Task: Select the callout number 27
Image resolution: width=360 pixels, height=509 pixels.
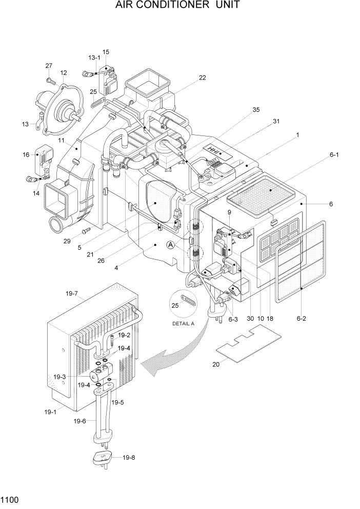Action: pyautogui.click(x=49, y=66)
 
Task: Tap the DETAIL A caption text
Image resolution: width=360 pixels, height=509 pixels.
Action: pyautogui.click(x=184, y=324)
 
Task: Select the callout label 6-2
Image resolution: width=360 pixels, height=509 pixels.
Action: pyautogui.click(x=301, y=319)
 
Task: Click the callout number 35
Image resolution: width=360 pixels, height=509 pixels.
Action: pyautogui.click(x=256, y=109)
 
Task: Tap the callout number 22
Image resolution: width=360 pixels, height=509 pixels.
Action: pyautogui.click(x=203, y=77)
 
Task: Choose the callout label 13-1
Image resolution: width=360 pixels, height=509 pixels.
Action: pyautogui.click(x=94, y=58)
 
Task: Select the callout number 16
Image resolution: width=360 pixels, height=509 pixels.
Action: pyautogui.click(x=26, y=154)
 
